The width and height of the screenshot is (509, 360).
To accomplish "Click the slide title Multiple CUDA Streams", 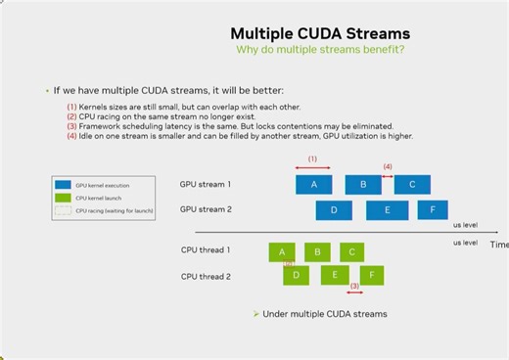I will (320, 33).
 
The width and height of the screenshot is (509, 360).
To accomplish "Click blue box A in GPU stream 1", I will (313, 184).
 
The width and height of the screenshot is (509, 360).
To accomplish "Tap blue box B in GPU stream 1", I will (363, 184).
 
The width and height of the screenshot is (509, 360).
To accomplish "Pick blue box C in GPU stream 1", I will (412, 184).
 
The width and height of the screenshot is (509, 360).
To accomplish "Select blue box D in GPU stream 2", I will (334, 209).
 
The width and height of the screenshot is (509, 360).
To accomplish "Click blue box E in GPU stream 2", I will (387, 209).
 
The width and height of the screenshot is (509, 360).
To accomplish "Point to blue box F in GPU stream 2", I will (432, 209).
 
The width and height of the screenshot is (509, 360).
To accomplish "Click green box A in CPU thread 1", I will (282, 251).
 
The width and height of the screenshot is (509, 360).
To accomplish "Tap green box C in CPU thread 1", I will (352, 251).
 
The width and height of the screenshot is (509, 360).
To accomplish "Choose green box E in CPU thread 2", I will (335, 275).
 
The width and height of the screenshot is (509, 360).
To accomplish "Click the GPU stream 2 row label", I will (206, 209).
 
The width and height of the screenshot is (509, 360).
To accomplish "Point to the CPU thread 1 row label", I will (206, 250).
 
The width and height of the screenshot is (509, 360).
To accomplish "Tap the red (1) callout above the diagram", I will (312, 158).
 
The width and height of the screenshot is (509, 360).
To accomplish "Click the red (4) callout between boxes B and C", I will (388, 166).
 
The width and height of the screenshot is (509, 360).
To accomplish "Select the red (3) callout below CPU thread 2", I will (354, 287).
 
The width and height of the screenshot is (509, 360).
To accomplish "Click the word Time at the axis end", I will (499, 245).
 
